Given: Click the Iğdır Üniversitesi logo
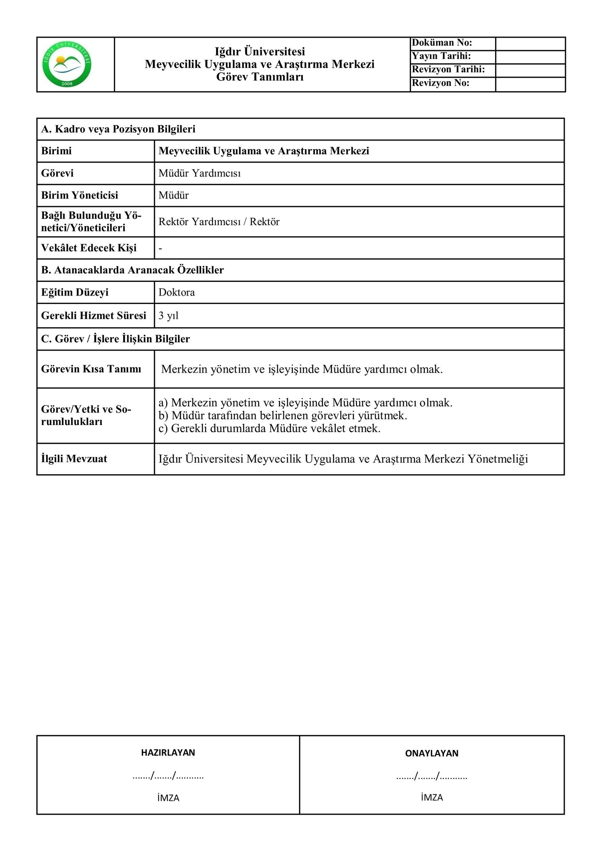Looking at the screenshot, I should point(67,65).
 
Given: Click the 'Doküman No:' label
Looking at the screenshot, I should point(442,43).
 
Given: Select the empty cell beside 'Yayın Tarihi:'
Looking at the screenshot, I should point(530,57).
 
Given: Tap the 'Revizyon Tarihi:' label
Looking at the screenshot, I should point(448,70).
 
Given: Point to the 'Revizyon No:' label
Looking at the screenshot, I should point(440,83).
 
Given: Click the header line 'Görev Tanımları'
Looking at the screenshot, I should point(260,77).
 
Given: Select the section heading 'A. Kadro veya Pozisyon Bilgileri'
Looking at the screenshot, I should point(118,129).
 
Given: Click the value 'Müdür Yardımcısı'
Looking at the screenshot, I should point(200,173).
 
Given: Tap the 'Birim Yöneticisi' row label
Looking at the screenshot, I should point(80,195).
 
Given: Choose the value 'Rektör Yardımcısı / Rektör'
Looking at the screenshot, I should point(219,222).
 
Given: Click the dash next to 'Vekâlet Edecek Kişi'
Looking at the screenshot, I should point(160,248).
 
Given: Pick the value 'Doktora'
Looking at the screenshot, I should point(177,293).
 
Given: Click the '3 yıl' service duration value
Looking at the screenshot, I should point(168,316).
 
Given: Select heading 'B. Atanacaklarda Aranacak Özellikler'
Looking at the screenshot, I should point(132,270).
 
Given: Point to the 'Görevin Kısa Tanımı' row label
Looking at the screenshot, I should point(91,369).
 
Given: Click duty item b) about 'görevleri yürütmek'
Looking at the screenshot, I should point(283,415).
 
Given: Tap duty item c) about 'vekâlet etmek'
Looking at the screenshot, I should point(269,428).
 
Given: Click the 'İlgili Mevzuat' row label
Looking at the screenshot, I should point(74,459).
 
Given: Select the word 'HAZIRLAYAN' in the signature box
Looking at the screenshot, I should point(168,752).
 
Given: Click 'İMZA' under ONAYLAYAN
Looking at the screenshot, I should point(432,797).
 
